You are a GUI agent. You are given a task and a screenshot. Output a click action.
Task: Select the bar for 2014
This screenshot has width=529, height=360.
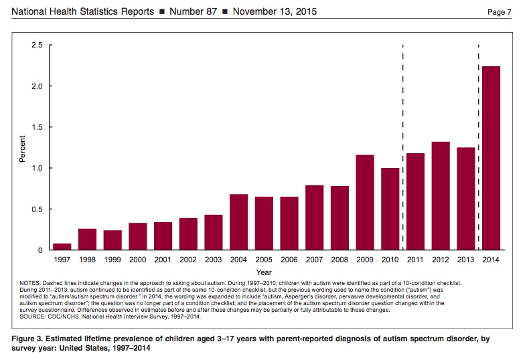(x=491, y=158)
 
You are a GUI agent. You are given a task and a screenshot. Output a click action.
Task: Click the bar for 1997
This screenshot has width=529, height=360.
(x=62, y=247)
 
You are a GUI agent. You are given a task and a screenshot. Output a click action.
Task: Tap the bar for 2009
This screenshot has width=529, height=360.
(x=365, y=202)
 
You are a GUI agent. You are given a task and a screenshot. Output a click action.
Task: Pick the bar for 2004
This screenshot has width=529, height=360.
(x=238, y=221)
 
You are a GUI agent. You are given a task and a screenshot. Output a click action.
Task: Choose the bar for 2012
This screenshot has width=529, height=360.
(x=441, y=196)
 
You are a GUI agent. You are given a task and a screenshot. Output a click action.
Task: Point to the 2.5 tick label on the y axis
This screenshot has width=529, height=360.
(x=37, y=45)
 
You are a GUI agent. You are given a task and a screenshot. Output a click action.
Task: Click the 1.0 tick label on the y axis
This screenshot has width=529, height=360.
(x=37, y=168)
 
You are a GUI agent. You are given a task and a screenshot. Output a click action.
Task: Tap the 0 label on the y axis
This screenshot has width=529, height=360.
(x=40, y=250)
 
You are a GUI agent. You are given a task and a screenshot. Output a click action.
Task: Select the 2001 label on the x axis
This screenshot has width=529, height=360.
(x=163, y=260)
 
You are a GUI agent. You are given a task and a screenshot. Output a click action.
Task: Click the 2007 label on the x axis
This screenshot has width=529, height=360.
(x=314, y=260)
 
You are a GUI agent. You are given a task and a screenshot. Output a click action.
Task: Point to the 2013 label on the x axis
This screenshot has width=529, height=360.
(x=465, y=260)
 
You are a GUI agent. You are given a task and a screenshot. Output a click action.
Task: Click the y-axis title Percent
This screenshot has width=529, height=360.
(x=22, y=149)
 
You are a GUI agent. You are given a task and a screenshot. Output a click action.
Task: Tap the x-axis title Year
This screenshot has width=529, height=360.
(x=264, y=272)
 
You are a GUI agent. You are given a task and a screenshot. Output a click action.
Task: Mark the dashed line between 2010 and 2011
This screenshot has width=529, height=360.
(x=403, y=147)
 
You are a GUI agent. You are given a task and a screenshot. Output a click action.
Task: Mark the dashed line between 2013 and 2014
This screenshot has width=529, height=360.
(x=478, y=147)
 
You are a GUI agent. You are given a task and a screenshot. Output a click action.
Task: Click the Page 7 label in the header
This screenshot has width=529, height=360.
(x=500, y=12)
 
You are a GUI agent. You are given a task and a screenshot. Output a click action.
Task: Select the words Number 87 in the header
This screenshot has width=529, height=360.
(x=193, y=11)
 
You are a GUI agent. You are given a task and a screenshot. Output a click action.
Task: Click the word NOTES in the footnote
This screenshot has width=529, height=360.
(x=30, y=283)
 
